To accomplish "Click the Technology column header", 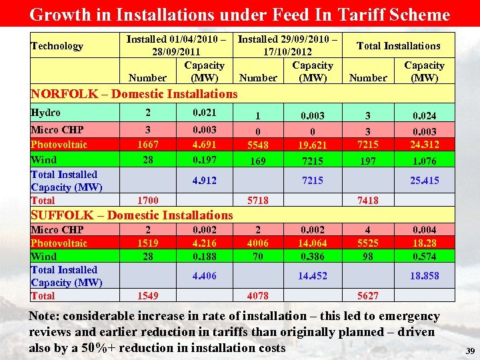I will tap(57, 46).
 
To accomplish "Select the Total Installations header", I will tap(399, 46).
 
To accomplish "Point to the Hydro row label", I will tap(45, 113).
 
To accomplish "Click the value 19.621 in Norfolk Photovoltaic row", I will tap(312, 145).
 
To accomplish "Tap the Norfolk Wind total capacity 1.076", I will tap(424, 161).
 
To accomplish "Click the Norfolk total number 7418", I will tap(367, 201).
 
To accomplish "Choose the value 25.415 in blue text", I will tap(424, 180).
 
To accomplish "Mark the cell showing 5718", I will tap(257, 201).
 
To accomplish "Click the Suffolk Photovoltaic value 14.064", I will tap(312, 243).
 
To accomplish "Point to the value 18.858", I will tap(424, 275).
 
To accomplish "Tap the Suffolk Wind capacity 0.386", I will tap(312, 257).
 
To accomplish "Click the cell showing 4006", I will tap(257, 243).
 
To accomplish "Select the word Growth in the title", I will tap(58, 14).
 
